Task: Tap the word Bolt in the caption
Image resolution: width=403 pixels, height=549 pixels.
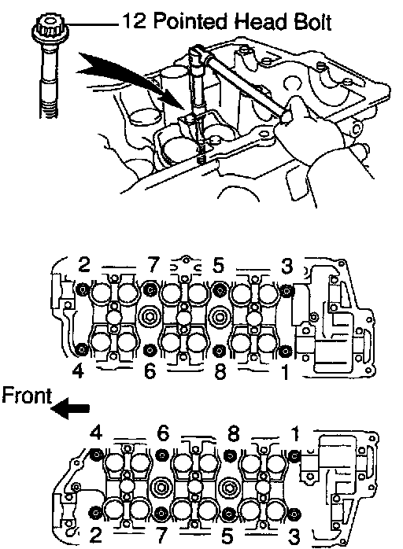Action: (x=312, y=22)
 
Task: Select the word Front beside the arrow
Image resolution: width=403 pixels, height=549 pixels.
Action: (x=27, y=396)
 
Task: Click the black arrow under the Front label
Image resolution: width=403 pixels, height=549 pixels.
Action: (x=70, y=408)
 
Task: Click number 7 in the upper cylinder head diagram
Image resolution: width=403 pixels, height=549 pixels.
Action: (x=153, y=265)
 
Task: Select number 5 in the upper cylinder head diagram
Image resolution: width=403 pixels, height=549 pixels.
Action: (x=218, y=265)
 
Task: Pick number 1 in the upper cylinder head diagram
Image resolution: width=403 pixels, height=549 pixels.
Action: (x=286, y=372)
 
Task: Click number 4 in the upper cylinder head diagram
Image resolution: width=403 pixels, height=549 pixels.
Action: (x=78, y=370)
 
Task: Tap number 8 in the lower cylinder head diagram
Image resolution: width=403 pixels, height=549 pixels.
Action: (x=233, y=433)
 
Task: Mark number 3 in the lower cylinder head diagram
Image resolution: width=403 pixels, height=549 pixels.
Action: (x=294, y=536)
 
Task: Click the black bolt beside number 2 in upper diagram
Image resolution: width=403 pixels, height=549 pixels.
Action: (x=83, y=289)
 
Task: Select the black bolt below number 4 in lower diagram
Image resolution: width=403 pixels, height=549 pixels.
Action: (x=96, y=455)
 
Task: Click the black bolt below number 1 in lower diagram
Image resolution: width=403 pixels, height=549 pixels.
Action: (x=295, y=455)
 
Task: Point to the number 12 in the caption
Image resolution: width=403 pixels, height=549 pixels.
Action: (x=135, y=21)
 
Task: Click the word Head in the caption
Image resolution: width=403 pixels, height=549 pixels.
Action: (x=261, y=22)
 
